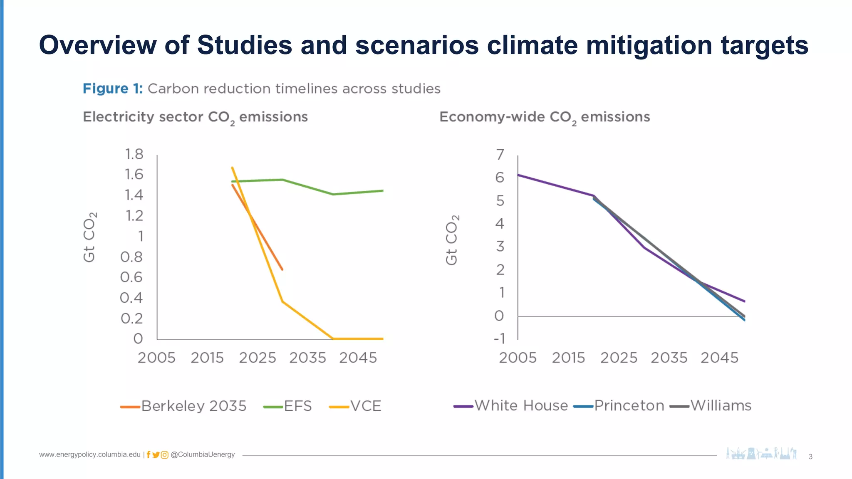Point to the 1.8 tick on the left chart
coord(134,154)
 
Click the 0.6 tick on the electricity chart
coord(131,277)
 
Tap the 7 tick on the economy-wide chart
coord(500,155)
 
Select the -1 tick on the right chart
coord(499,338)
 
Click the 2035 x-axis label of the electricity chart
coord(307,358)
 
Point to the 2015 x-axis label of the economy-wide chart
coord(568,358)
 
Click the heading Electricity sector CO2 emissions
coord(195,117)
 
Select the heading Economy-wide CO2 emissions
coord(545,117)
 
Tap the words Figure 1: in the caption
coord(112,89)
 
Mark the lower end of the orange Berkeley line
coord(282,269)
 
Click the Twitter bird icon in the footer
coord(156,455)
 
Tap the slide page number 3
coord(810,457)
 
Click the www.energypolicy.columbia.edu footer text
coord(90,454)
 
